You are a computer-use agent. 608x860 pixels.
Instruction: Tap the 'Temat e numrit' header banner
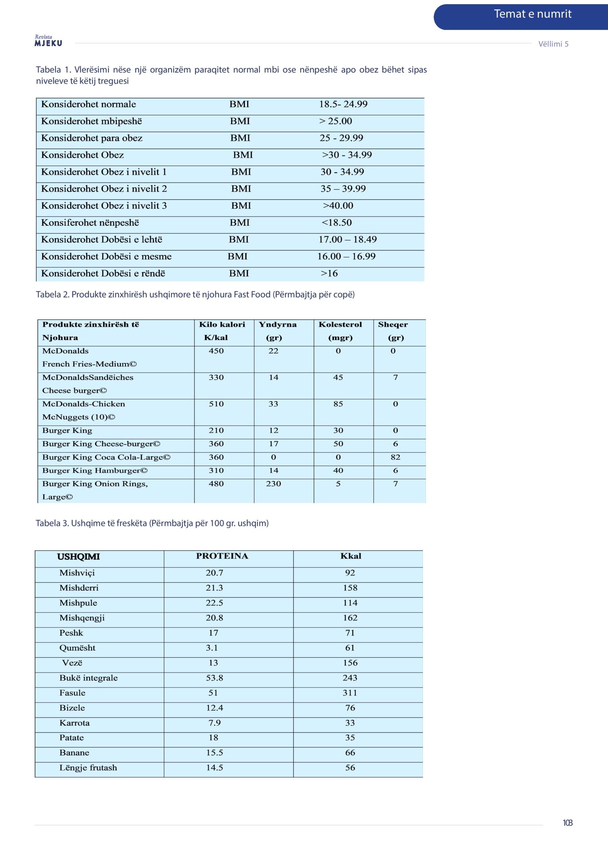[x=532, y=14]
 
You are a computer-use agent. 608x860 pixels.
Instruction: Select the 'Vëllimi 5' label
[x=553, y=44]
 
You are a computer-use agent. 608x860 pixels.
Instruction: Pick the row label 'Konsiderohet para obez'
[x=91, y=138]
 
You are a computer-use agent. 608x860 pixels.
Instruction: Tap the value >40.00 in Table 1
[x=338, y=206]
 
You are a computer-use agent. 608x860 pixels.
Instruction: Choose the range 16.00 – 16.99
[x=346, y=257]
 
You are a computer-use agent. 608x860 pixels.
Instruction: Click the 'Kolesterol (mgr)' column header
[x=340, y=331]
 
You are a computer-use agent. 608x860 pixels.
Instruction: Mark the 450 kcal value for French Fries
[x=216, y=351]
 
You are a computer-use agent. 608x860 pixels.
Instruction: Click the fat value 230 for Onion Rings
[x=273, y=484]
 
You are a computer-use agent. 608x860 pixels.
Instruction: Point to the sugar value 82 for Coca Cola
[x=395, y=457]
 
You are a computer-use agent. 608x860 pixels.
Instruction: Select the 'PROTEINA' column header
[x=222, y=556]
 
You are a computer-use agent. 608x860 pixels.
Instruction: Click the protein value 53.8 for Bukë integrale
[x=214, y=678]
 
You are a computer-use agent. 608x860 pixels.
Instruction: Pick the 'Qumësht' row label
[x=77, y=648]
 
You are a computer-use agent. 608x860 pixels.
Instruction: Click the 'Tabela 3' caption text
[x=152, y=523]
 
